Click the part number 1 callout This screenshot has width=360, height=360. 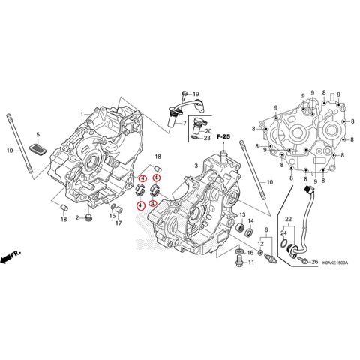[x=82, y=114]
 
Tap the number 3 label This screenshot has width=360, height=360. [x=193, y=165]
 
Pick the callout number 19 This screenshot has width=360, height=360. [x=195, y=93]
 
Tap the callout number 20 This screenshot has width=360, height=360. [x=208, y=131]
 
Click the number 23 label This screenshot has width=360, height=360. [x=208, y=139]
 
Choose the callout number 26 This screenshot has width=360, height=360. [x=315, y=262]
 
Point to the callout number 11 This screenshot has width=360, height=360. [x=250, y=263]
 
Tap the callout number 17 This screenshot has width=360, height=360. [x=118, y=223]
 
